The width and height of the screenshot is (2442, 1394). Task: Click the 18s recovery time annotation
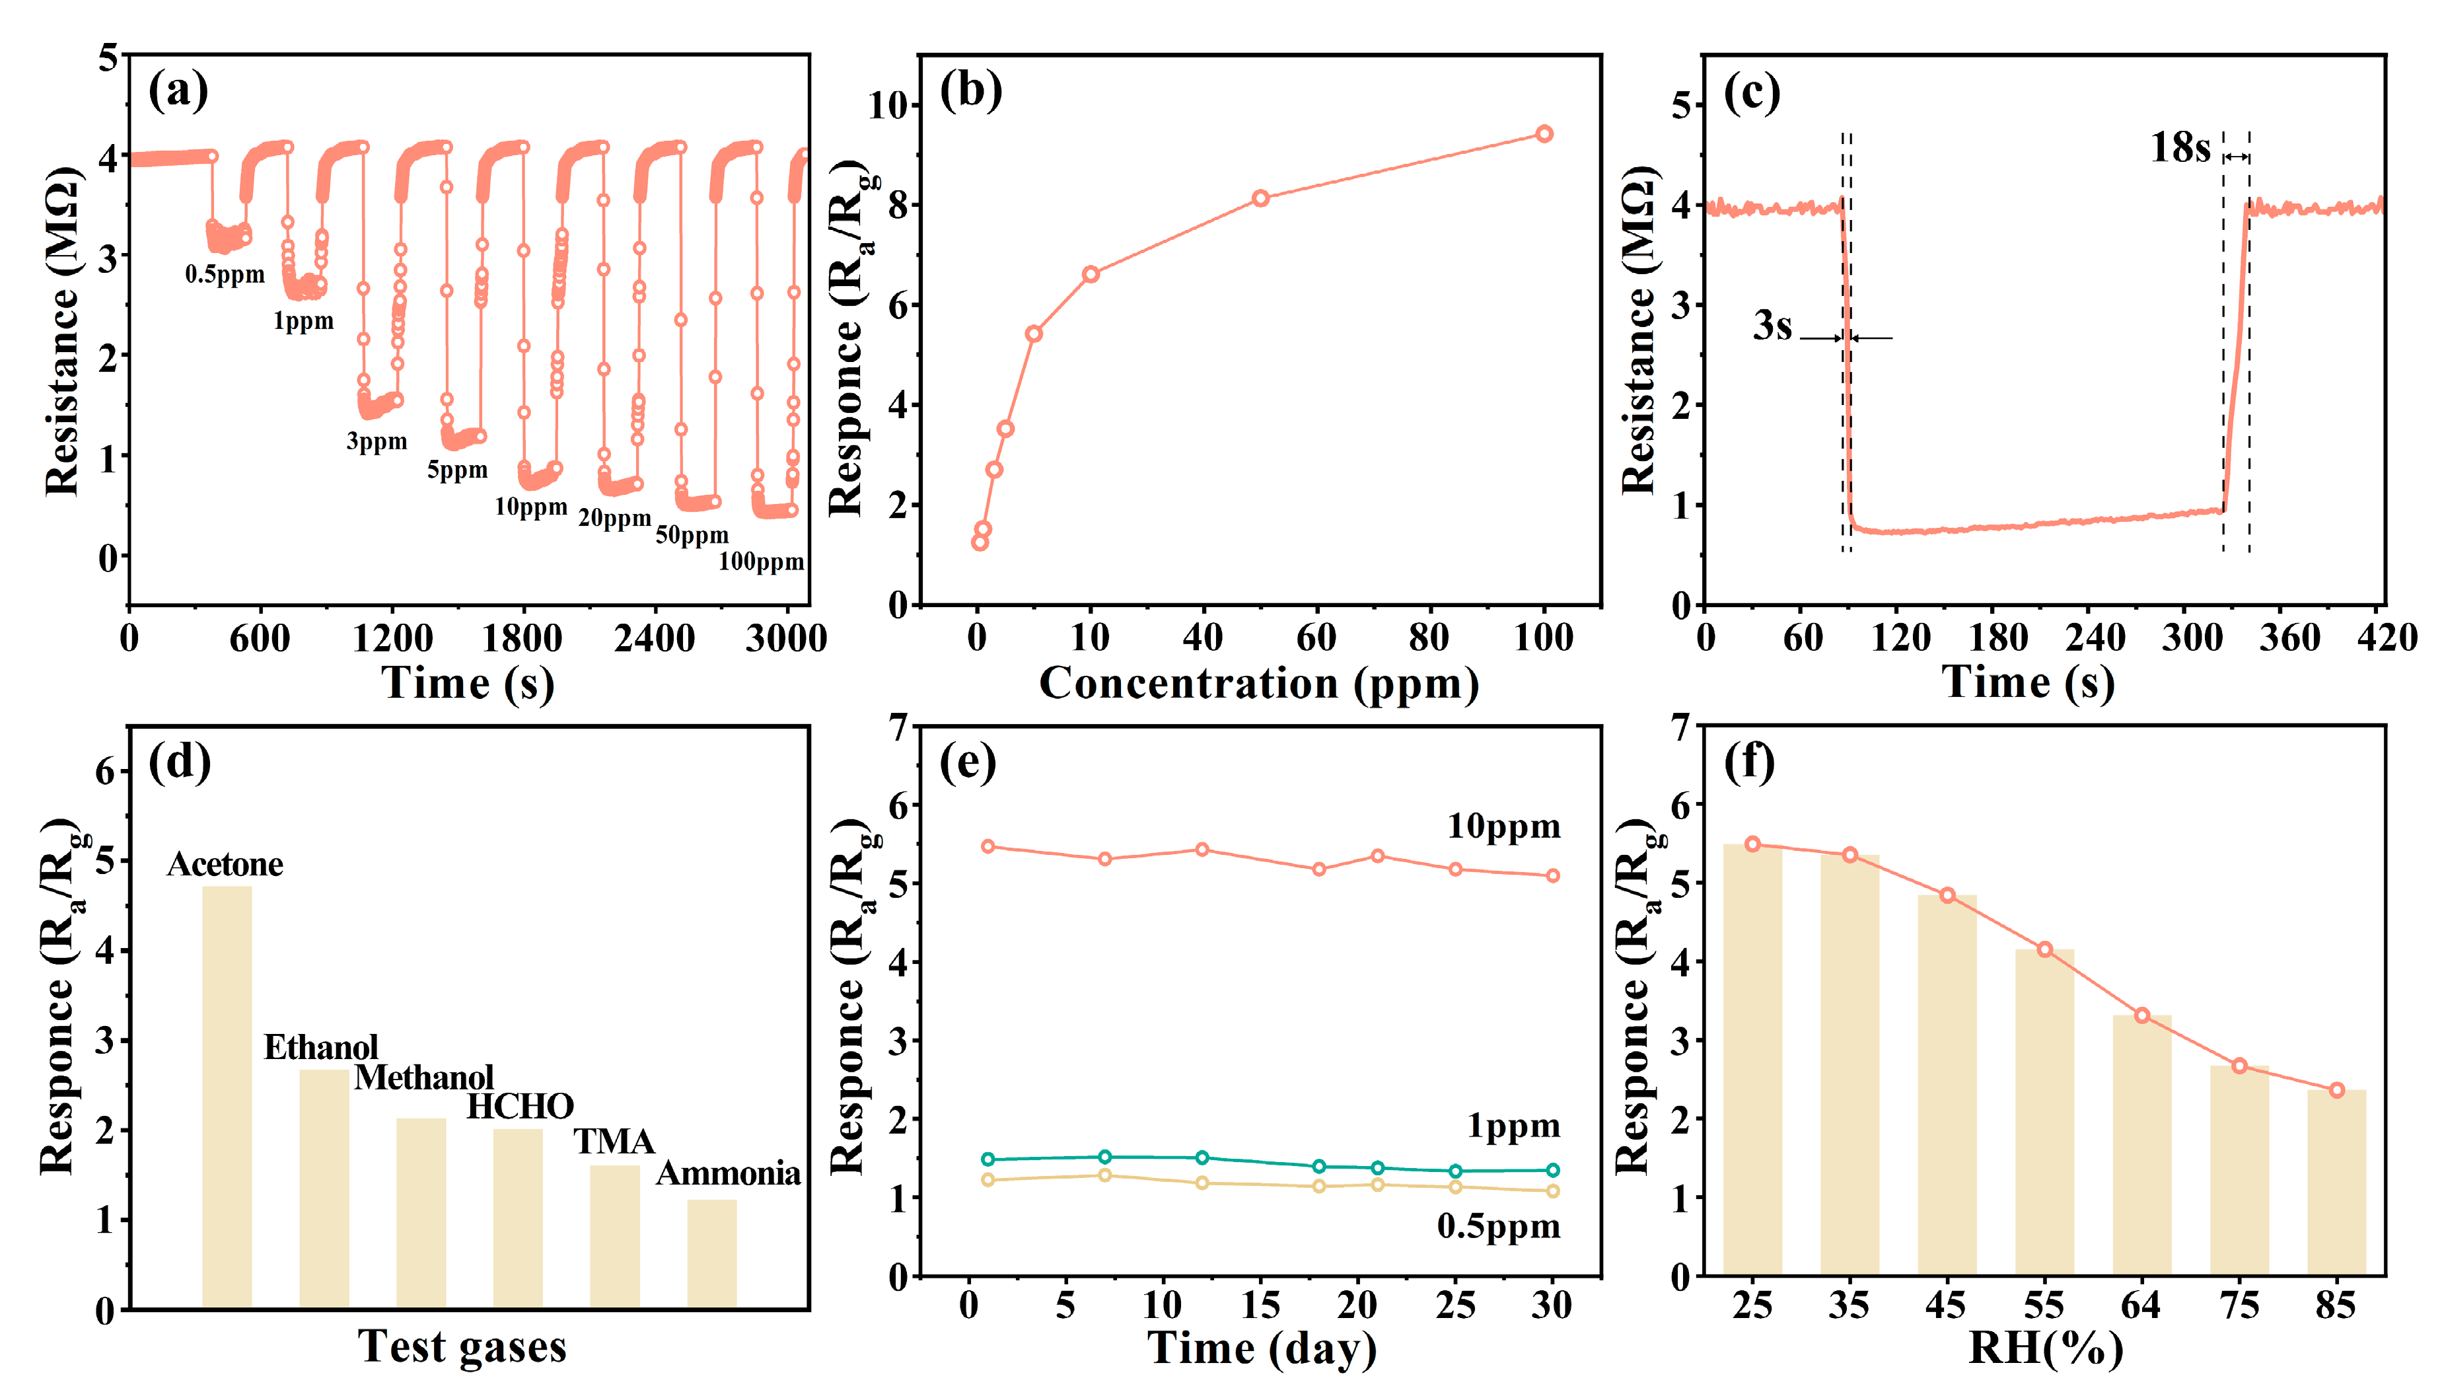click(x=2180, y=149)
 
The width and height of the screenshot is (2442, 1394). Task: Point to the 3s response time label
click(x=1772, y=326)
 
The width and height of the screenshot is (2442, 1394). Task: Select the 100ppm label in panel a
click(x=761, y=562)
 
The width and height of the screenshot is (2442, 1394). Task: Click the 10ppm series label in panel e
click(x=1503, y=826)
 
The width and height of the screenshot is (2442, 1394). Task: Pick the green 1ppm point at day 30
click(x=1553, y=1170)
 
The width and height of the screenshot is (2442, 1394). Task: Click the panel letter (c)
click(x=1751, y=93)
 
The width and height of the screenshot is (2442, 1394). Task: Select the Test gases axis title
click(x=462, y=1346)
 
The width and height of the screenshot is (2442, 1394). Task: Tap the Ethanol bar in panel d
click(x=324, y=1187)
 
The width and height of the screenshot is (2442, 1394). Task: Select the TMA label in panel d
click(x=614, y=1141)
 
